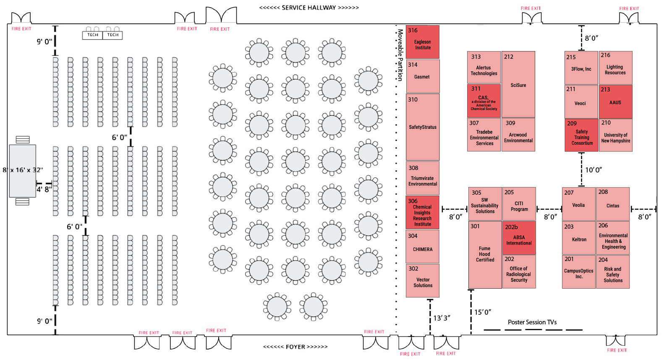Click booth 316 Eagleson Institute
coord(422,42)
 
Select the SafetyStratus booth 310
coord(422,127)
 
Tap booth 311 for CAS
coord(484,101)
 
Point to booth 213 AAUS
coord(615,102)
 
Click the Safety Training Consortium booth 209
coord(581,135)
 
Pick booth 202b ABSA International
coord(519,238)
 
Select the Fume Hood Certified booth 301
coord(485,254)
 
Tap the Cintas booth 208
coord(612,204)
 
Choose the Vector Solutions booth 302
coord(422,281)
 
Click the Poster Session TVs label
coord(532,322)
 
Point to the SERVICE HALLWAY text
coord(309,8)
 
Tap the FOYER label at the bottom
coord(295,347)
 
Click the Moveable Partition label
coord(400,55)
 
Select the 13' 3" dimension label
coord(442,318)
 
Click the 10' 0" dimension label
coord(593,170)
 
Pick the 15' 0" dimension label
coord(483,312)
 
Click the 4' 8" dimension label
coord(44,189)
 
